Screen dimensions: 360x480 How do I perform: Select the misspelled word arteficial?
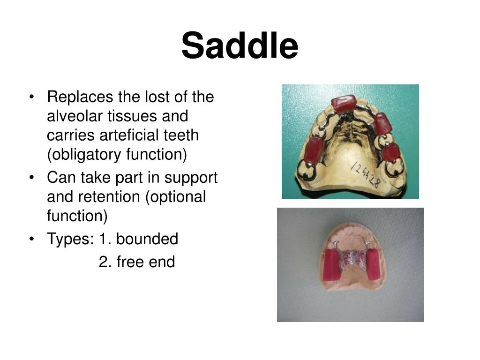pos(133,135)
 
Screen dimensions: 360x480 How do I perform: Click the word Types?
pos(70,239)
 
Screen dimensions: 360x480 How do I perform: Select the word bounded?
pos(147,239)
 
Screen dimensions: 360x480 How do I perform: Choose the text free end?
pos(137,262)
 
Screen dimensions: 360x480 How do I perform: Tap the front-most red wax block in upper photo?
pos(344,103)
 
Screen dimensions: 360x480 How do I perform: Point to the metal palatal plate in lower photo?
pos(353,258)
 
